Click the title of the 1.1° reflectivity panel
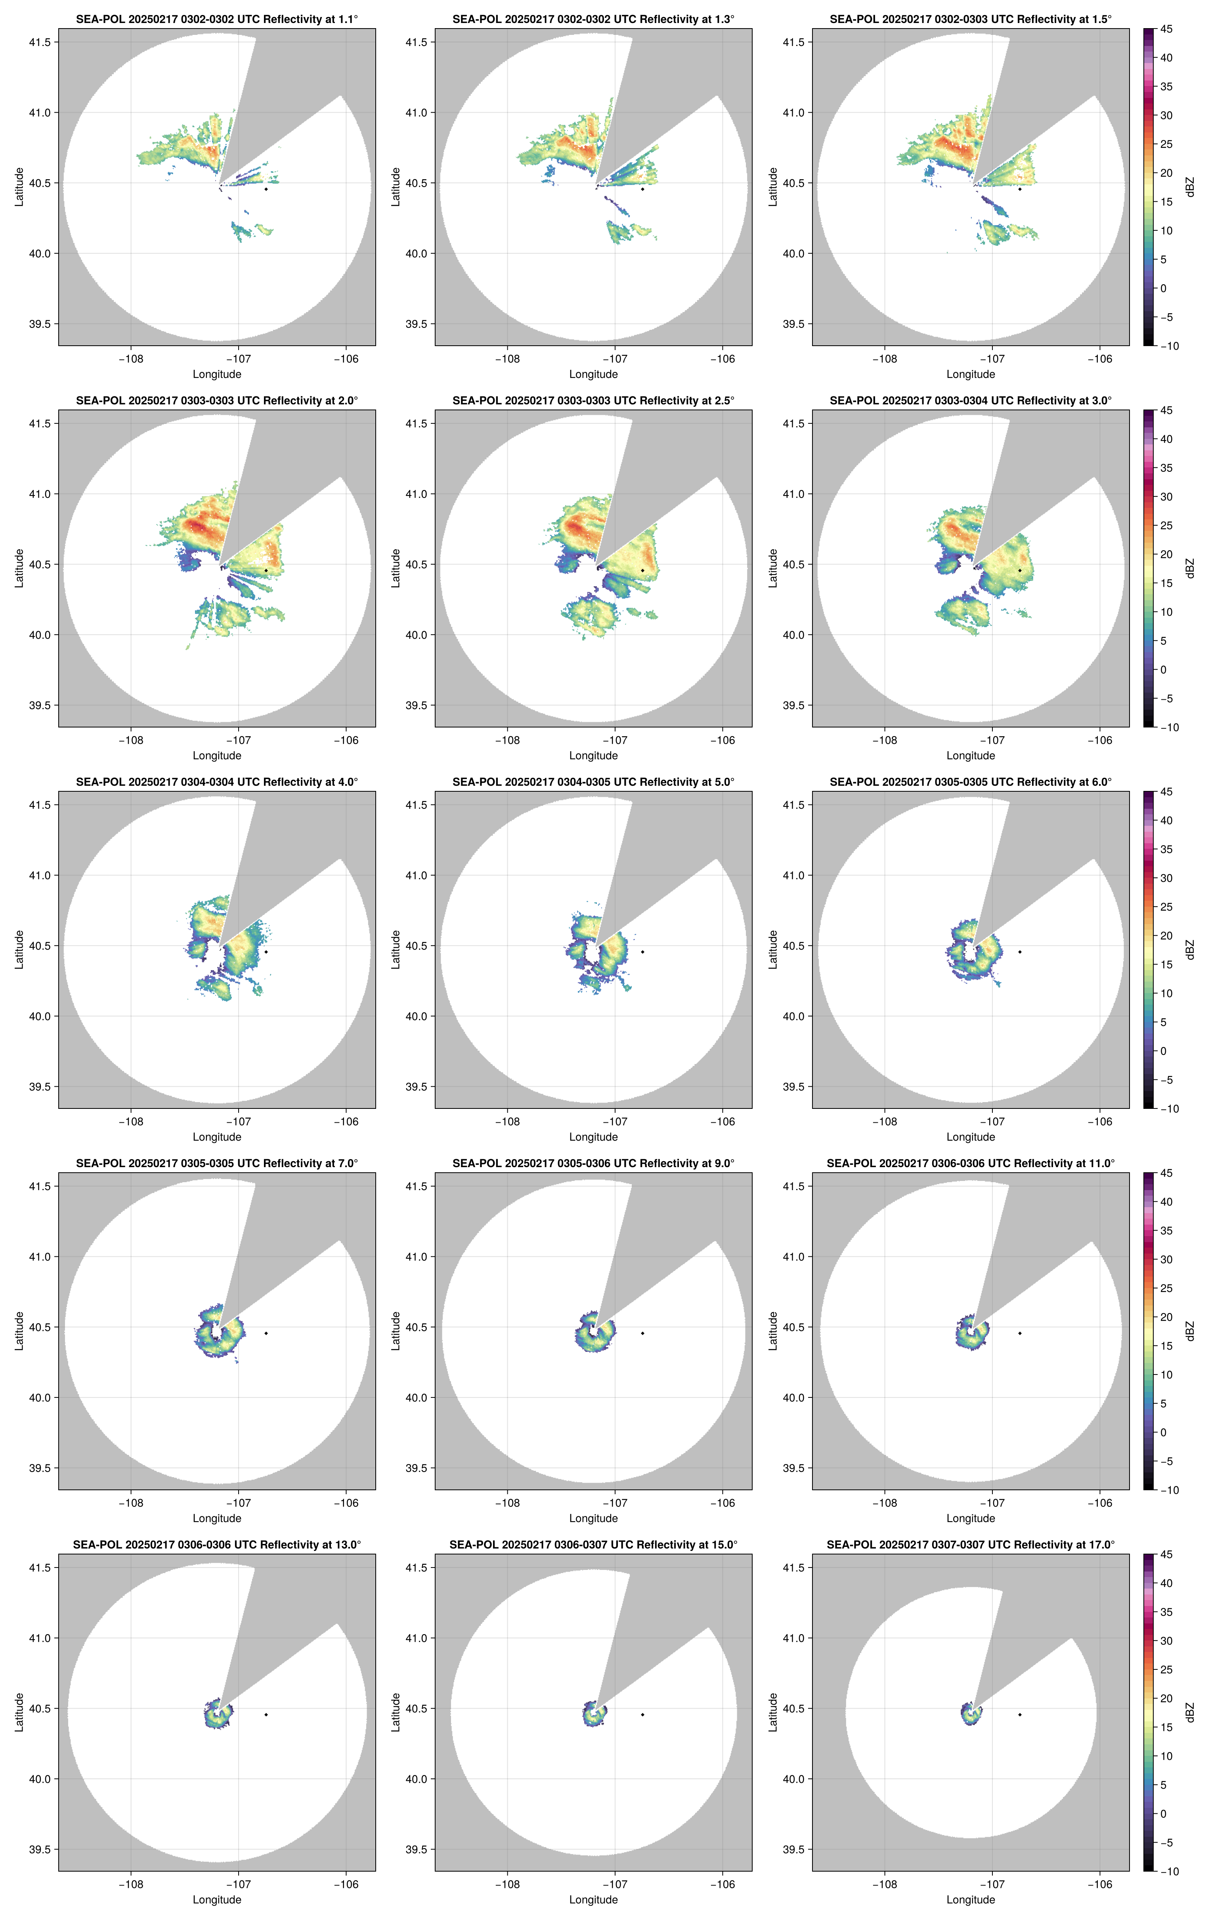pyautogui.click(x=217, y=19)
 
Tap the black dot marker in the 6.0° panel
pyautogui.click(x=1019, y=952)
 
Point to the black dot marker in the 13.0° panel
pyautogui.click(x=266, y=1714)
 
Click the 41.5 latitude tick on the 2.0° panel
pyautogui.click(x=40, y=424)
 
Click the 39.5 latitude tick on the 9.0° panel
pyautogui.click(x=417, y=1468)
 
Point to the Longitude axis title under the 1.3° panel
pyautogui.click(x=593, y=374)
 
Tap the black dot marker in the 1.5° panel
pyautogui.click(x=1019, y=189)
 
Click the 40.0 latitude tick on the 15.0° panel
pyautogui.click(x=417, y=1778)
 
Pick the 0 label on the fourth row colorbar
pyautogui.click(x=1162, y=1432)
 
